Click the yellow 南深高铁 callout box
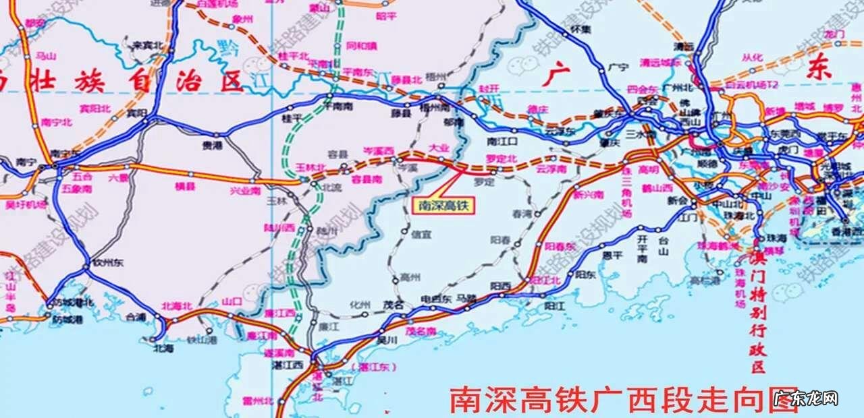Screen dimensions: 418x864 [443, 206]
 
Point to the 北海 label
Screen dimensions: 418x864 [163, 348]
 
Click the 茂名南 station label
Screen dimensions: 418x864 [421, 331]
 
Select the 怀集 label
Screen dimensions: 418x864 [580, 29]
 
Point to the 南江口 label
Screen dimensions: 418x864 [502, 141]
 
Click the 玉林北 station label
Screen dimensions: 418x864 [310, 167]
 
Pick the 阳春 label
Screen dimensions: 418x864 [501, 239]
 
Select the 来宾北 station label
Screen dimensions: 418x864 [148, 46]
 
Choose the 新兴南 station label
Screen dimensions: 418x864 [588, 194]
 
